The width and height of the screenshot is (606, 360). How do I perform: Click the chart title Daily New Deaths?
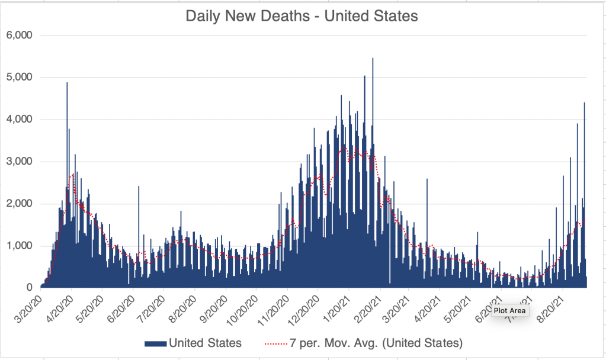pos(302,16)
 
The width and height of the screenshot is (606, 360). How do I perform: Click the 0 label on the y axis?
pos(28,288)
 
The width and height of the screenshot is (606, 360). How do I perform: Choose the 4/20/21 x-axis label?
pos(427,304)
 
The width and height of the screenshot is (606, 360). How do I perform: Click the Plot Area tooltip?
pos(509,310)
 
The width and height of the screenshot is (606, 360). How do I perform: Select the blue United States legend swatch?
pos(155,343)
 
